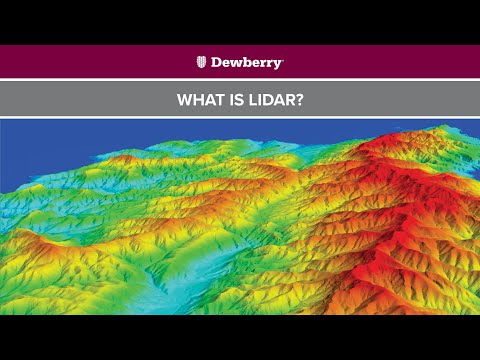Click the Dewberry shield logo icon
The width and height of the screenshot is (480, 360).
point(201,62)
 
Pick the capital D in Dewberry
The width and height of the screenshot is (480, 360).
point(215,62)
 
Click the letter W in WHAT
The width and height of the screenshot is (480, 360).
point(183,99)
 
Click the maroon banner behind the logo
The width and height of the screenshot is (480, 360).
point(100,62)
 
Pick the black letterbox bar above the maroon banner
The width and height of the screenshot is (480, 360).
point(240,22)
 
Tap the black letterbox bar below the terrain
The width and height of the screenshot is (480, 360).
point(240,337)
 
